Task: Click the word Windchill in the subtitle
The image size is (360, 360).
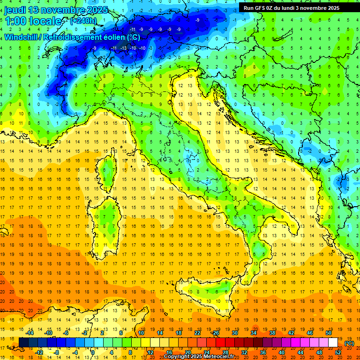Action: (x=22, y=37)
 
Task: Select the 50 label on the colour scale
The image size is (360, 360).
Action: (x=328, y=333)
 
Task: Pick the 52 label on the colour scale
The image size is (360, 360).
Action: (x=338, y=352)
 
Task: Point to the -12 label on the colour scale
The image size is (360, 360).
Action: (x=39, y=352)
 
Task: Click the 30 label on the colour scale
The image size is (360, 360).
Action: (x=234, y=333)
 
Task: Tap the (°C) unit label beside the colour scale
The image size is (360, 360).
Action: (x=349, y=343)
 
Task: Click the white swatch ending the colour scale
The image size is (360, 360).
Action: (x=333, y=343)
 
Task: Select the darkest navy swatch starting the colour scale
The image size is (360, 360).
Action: (x=23, y=343)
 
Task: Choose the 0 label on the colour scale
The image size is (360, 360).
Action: (x=93, y=352)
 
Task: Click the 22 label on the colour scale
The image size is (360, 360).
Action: (x=197, y=333)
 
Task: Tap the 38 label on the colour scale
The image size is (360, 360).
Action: (x=272, y=333)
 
